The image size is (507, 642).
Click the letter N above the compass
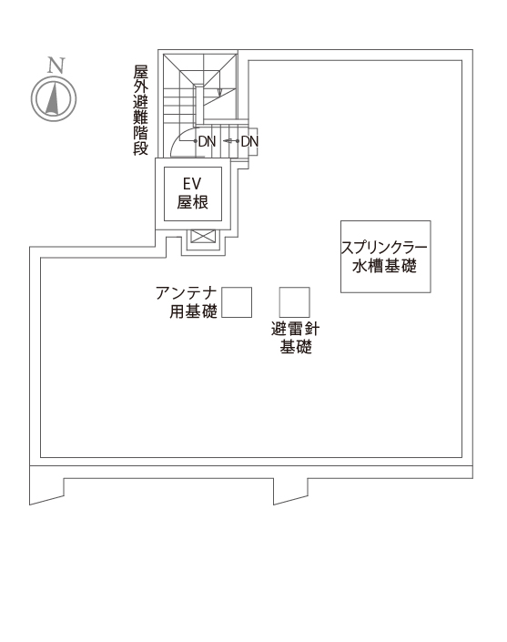pos(56,66)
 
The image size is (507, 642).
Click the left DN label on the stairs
pos(207,142)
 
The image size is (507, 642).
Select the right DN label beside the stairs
pos(249,142)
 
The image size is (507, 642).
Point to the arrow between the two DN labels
pos(228,141)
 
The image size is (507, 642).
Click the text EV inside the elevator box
pos(192,184)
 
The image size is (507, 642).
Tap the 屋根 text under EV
pos(192,202)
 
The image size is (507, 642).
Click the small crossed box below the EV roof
pos(203,236)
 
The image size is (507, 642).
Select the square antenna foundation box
pos(237,302)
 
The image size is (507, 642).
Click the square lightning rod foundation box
pos(294,302)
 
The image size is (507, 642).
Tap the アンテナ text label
pos(187,293)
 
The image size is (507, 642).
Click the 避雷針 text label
pos(295,329)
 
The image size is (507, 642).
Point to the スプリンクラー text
pos(384,248)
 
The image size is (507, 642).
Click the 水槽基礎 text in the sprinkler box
pos(384,266)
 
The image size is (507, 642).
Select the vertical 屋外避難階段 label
pos(140,110)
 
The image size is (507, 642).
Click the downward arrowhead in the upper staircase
pos(219,93)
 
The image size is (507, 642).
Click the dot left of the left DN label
pos(195,141)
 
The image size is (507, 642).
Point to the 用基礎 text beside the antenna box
pos(193,311)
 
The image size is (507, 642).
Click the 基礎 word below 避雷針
pos(296,347)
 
